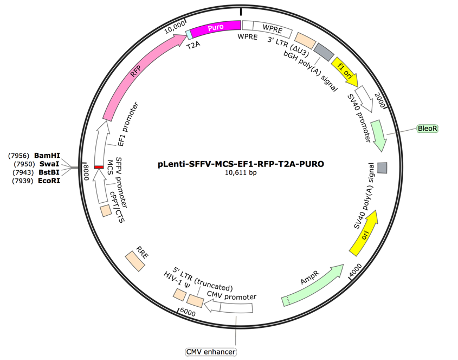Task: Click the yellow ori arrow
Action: (367, 240)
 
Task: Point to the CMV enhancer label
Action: (206, 352)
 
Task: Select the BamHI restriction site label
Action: (47, 155)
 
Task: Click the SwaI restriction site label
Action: (47, 164)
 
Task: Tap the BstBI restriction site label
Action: (47, 173)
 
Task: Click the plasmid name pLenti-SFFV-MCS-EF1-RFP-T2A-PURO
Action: (241, 163)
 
